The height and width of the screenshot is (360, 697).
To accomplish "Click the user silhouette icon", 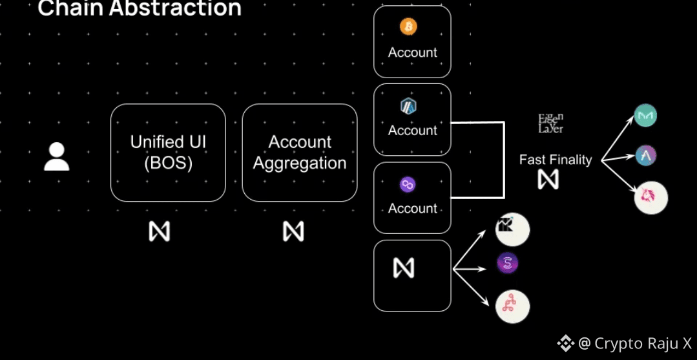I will [56, 157].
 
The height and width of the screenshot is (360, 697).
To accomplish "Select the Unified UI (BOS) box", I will [168, 153].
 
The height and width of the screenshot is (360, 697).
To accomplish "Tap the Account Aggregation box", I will [300, 153].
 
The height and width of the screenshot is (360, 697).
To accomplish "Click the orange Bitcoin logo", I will [408, 26].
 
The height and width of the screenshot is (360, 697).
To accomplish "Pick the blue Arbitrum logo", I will [408, 106].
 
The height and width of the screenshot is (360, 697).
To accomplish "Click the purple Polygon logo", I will [408, 185].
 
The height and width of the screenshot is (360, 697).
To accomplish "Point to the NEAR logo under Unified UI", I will [160, 231].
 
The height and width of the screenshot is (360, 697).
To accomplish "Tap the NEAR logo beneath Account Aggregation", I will [293, 231].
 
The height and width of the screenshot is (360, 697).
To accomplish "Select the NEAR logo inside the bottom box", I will [404, 268].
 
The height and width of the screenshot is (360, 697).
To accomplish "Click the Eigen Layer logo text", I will [551, 123].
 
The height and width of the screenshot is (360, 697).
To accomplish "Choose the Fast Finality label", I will [556, 160].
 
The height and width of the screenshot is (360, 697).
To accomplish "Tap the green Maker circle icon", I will [645, 116].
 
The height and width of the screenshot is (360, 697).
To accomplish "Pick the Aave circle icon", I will [645, 156].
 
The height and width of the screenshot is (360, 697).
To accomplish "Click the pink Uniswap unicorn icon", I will [650, 198].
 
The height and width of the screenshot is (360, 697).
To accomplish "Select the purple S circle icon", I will [508, 263].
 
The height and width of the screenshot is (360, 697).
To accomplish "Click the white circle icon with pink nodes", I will [512, 306].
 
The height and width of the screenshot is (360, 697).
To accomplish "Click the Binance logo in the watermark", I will [565, 343].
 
